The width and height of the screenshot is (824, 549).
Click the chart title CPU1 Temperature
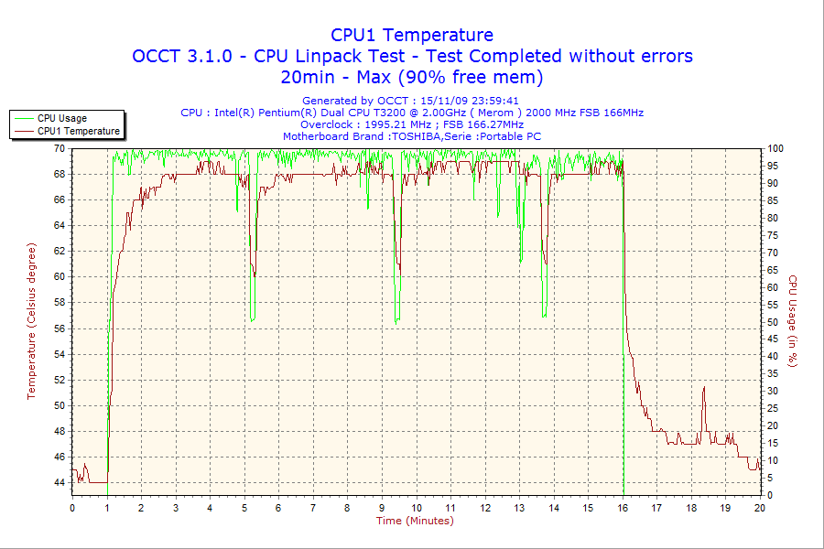(x=412, y=35)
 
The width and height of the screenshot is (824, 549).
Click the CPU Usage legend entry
(x=62, y=118)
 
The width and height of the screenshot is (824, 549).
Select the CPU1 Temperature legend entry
(x=78, y=131)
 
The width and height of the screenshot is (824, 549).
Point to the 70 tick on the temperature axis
(x=59, y=148)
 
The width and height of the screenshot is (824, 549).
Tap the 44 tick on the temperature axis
(x=59, y=482)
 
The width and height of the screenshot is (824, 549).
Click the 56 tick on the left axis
(x=59, y=328)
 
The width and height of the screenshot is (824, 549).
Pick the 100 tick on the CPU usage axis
(x=775, y=148)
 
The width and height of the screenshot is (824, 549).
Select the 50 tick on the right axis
(x=773, y=322)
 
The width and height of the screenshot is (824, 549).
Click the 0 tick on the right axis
(x=770, y=495)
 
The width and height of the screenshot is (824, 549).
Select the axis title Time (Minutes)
(x=415, y=521)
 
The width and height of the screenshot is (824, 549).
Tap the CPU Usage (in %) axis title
(x=793, y=321)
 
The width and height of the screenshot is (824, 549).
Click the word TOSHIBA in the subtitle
(x=418, y=136)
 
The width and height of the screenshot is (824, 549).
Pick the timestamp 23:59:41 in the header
(x=494, y=101)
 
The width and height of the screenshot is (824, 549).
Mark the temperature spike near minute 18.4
(x=704, y=389)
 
